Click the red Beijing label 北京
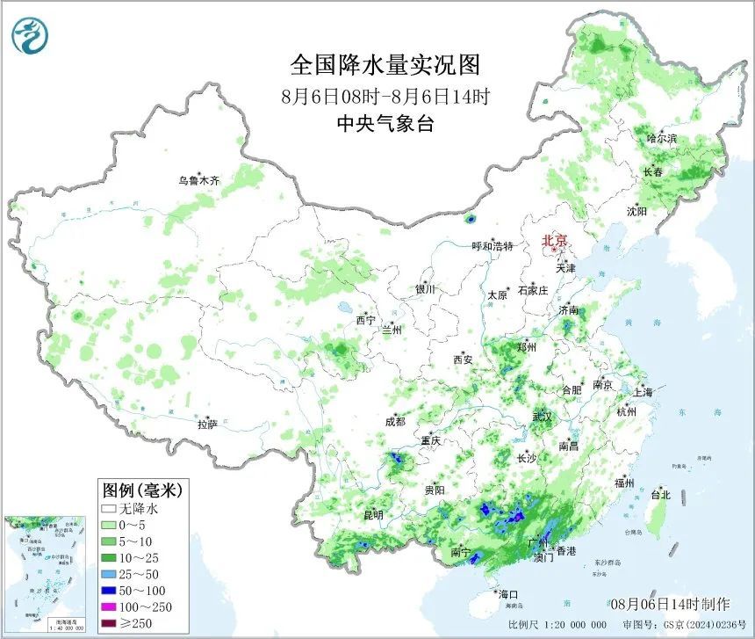[555, 240]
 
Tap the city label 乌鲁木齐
[198, 180]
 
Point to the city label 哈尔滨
[662, 139]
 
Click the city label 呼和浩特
[492, 246]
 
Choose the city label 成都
[395, 421]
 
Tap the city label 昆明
[373, 515]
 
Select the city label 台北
[659, 495]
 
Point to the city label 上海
[642, 392]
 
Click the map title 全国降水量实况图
[385, 65]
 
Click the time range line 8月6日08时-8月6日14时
[385, 96]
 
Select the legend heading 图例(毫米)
[136, 489]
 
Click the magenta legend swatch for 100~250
[110, 606]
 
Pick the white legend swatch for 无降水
[110, 508]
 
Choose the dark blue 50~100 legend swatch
[110, 590]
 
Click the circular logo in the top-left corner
[31, 35]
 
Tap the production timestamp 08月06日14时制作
[670, 604]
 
